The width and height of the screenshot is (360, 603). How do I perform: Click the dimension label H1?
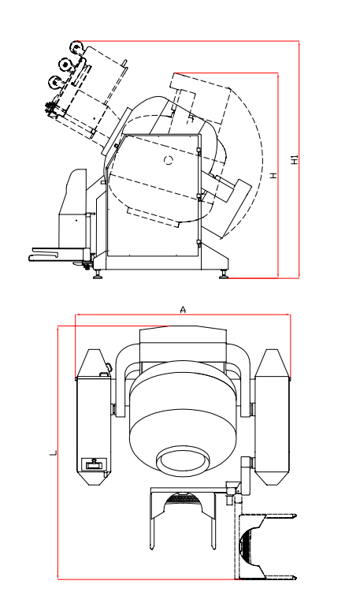pyautogui.click(x=295, y=159)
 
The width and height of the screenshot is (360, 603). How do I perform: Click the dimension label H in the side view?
pyautogui.click(x=273, y=175)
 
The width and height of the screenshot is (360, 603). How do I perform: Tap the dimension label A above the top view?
pyautogui.click(x=183, y=309)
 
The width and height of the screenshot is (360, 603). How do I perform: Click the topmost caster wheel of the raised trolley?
pyautogui.click(x=77, y=47)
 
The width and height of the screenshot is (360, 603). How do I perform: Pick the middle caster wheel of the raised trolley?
pyautogui.click(x=65, y=64)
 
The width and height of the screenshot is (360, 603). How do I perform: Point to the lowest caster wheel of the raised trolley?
pyautogui.click(x=54, y=82)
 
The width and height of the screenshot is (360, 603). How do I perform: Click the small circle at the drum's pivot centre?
pyautogui.click(x=169, y=160)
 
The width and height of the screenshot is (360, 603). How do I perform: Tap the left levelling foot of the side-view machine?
pyautogui.click(x=98, y=274)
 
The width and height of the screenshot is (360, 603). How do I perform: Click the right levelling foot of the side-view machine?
pyautogui.click(x=224, y=274)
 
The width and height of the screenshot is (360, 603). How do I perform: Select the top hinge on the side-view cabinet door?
pyautogui.click(x=199, y=151)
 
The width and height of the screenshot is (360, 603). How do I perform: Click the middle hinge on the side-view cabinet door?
pyautogui.click(x=199, y=197)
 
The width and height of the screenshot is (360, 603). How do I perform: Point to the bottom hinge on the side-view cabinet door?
pyautogui.click(x=199, y=243)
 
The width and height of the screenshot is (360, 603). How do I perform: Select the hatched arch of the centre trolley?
pyautogui.click(x=183, y=499)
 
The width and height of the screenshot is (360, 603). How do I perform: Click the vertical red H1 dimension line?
pyautogui.click(x=299, y=158)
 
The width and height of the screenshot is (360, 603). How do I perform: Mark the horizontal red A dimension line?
pyautogui.click(x=183, y=315)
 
